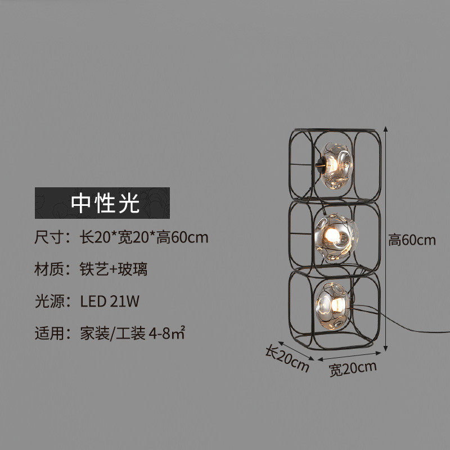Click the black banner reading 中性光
pyautogui.click(x=102, y=203)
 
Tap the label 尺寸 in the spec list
pyautogui.click(x=48, y=237)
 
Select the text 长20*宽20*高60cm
pyautogui.click(x=144, y=237)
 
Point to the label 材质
pyautogui.click(x=48, y=269)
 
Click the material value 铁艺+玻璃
pyautogui.click(x=114, y=269)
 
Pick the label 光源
pyautogui.click(x=48, y=301)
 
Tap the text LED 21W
pyautogui.click(x=110, y=301)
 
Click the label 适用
pyautogui.click(x=48, y=334)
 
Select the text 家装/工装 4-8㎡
pyautogui.click(x=132, y=333)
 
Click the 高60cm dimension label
pyautogui.click(x=412, y=240)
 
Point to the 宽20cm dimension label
pyautogui.click(x=353, y=369)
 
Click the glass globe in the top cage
pyautogui.click(x=336, y=166)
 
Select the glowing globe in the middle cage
pyautogui.click(x=336, y=237)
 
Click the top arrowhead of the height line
pyautogui.click(x=386, y=129)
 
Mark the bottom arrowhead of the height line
pyautogui.click(x=386, y=349)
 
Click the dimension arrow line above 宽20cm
pyautogui.click(x=349, y=356)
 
